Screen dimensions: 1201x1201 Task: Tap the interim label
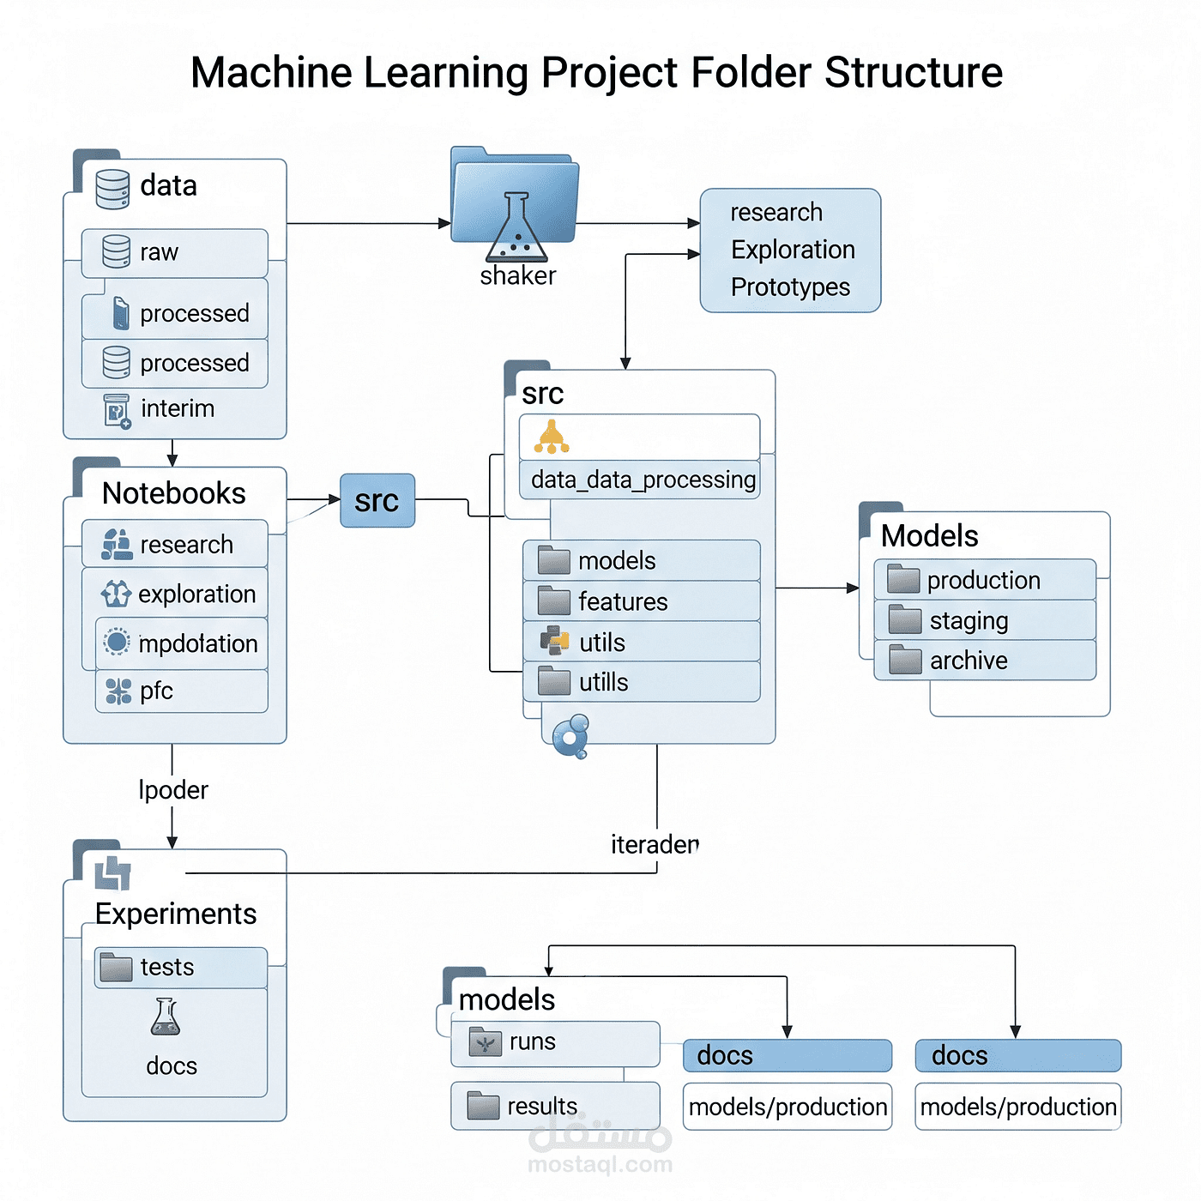[177, 408]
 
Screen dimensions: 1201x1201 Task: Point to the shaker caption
[517, 275]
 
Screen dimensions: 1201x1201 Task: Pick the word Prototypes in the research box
[790, 287]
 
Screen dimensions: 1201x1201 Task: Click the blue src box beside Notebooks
[377, 500]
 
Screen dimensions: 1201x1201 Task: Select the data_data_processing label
[643, 480]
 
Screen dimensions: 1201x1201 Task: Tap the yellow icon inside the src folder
[552, 437]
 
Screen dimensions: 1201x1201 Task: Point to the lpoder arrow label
[173, 790]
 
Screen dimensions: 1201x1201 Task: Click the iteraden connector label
[655, 845]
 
